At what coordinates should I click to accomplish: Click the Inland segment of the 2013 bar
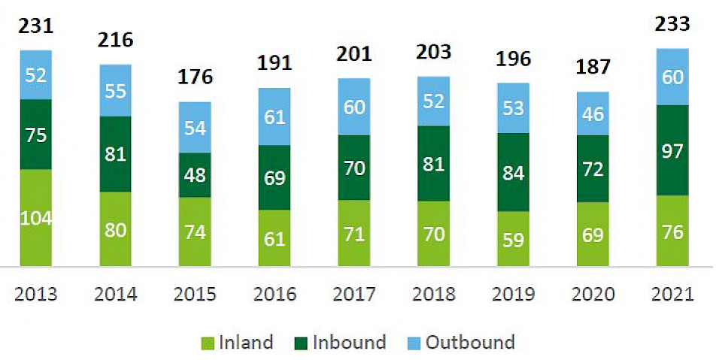click(x=35, y=218)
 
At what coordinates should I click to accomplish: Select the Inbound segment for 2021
click(x=672, y=150)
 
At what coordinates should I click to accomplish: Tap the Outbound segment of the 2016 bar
click(x=275, y=116)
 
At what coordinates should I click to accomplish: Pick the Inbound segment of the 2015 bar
click(x=195, y=175)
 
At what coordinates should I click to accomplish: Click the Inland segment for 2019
click(x=513, y=239)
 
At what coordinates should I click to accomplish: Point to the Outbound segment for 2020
click(x=593, y=113)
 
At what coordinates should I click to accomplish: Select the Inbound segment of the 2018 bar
click(x=433, y=164)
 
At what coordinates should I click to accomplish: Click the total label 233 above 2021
click(x=672, y=24)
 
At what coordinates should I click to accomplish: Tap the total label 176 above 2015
click(x=196, y=77)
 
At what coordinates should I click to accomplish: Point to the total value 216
click(x=116, y=39)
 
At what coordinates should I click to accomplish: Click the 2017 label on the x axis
click(x=354, y=294)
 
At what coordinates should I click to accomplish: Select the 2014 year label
click(x=116, y=294)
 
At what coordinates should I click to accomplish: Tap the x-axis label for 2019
click(x=513, y=294)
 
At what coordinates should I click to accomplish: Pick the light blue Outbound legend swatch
click(x=414, y=343)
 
